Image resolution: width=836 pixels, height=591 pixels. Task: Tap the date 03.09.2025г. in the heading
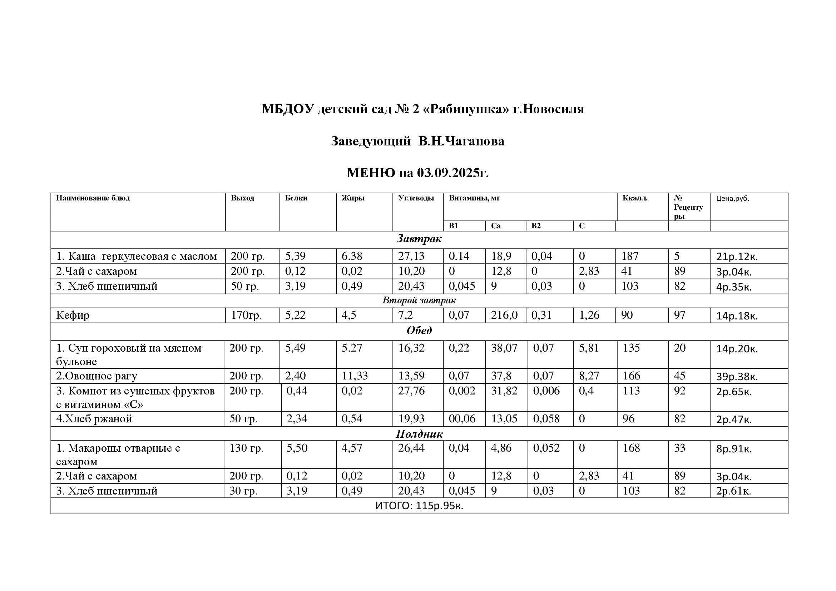452,173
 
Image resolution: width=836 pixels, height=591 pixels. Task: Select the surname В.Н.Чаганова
461,141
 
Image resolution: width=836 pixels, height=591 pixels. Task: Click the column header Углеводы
416,198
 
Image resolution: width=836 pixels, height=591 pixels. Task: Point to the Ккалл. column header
635,198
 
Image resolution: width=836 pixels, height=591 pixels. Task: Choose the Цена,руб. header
732,199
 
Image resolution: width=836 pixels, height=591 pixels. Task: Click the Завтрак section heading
419,239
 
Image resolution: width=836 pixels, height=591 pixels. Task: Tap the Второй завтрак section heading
419,301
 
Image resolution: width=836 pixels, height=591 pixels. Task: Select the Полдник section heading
419,434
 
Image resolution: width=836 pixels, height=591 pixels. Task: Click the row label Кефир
73,315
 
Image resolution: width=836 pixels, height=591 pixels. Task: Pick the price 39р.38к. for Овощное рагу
737,377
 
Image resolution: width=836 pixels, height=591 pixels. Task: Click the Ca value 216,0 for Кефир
504,315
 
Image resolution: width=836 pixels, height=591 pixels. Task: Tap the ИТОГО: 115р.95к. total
419,506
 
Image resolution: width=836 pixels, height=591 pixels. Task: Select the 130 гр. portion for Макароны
246,448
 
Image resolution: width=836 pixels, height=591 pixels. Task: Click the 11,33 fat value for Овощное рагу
354,376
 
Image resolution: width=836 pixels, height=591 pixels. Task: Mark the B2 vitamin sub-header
536,226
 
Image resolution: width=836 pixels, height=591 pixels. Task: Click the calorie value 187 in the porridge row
629,256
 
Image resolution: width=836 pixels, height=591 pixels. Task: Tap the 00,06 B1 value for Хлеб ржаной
462,419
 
